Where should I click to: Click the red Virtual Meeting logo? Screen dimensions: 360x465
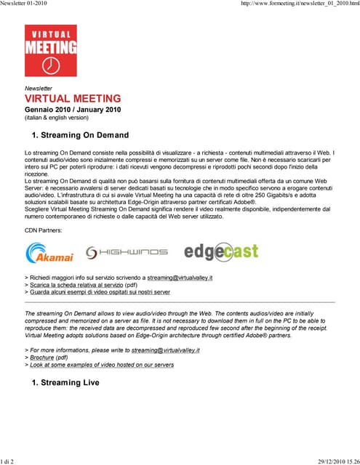50,50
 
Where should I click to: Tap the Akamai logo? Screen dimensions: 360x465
49,253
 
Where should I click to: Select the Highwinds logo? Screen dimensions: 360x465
127,252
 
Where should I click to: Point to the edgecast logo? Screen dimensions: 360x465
221,251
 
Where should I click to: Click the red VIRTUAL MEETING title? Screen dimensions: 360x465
73,98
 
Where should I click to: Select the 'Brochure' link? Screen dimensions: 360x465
41,357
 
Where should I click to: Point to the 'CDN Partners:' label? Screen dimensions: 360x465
44,230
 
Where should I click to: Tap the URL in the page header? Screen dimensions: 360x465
299,4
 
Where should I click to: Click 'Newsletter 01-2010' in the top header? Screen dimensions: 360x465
28,4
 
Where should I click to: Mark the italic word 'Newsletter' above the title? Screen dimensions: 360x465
39,88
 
